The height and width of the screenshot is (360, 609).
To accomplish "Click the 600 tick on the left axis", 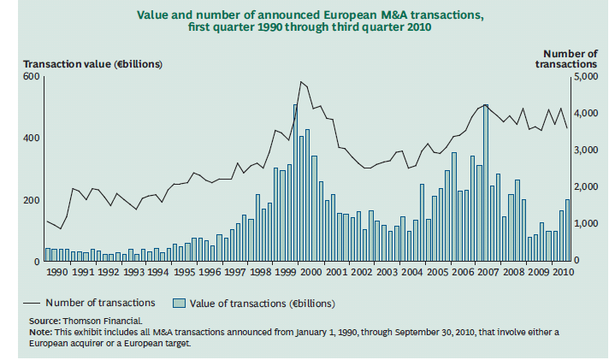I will (31, 77).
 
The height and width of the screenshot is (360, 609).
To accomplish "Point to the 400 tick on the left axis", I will (31, 139).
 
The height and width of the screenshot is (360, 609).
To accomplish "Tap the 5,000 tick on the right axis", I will (585, 77).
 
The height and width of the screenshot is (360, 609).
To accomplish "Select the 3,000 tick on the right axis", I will (585, 150).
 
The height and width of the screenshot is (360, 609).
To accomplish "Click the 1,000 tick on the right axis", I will (585, 224).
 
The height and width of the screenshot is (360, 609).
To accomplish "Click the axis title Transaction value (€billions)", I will (92, 64).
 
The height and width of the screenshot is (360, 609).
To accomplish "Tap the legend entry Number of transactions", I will (100, 302).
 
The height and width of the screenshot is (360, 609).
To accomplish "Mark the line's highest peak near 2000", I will (300, 82).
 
